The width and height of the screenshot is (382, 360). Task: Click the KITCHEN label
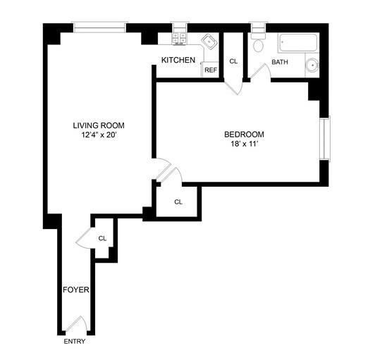(x=178, y=61)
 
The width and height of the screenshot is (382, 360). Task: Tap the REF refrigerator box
(x=210, y=70)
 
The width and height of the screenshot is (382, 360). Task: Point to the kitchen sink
(x=209, y=41)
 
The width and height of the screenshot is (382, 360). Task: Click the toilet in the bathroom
(x=257, y=43)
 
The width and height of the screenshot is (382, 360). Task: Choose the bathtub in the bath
(x=297, y=44)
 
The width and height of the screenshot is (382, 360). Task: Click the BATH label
(x=280, y=62)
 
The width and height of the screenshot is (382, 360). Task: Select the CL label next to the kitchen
(x=233, y=61)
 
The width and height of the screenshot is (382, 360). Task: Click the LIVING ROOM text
(x=103, y=126)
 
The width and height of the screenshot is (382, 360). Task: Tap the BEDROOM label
(x=244, y=135)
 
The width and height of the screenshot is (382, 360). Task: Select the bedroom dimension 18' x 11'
(x=244, y=145)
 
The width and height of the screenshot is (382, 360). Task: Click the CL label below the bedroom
(x=178, y=202)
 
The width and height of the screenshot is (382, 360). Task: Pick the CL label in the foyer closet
(x=102, y=238)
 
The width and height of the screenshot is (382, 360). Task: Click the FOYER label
(x=75, y=290)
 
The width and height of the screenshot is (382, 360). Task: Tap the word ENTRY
(x=74, y=342)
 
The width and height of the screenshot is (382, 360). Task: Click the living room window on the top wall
(x=99, y=28)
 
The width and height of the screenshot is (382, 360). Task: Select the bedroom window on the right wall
(x=324, y=138)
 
